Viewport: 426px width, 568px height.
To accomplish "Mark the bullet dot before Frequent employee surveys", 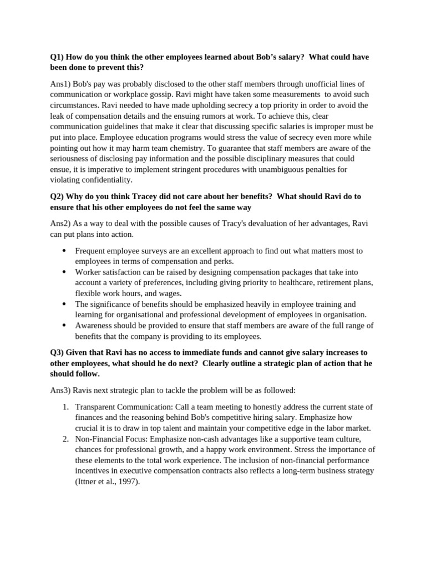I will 64,251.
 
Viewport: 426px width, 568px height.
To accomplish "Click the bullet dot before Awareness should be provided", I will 64,326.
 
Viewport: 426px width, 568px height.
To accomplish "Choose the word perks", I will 224,261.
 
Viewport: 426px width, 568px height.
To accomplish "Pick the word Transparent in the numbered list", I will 95,407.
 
